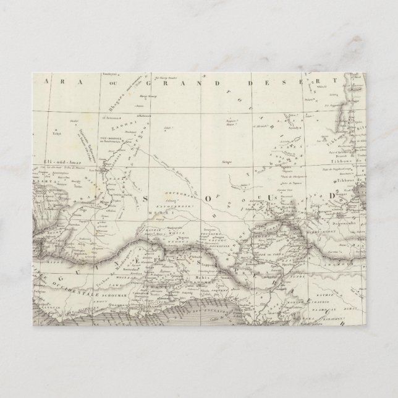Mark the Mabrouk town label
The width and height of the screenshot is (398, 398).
click(145, 115)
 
